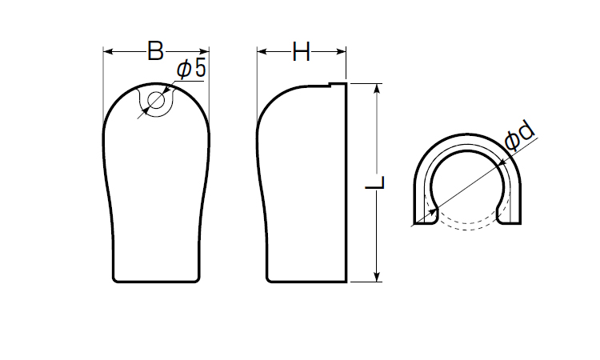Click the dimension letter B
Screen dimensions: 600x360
point(156,51)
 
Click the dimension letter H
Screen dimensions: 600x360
point(301,51)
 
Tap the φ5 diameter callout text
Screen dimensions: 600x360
point(191,69)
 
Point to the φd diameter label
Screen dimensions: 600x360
point(519,135)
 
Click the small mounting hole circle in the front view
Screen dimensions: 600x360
point(156,101)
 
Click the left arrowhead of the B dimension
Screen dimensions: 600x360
point(108,51)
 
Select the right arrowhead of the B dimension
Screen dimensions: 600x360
point(204,51)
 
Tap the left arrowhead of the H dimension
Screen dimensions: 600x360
point(262,51)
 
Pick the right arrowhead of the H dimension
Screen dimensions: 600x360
point(342,51)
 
